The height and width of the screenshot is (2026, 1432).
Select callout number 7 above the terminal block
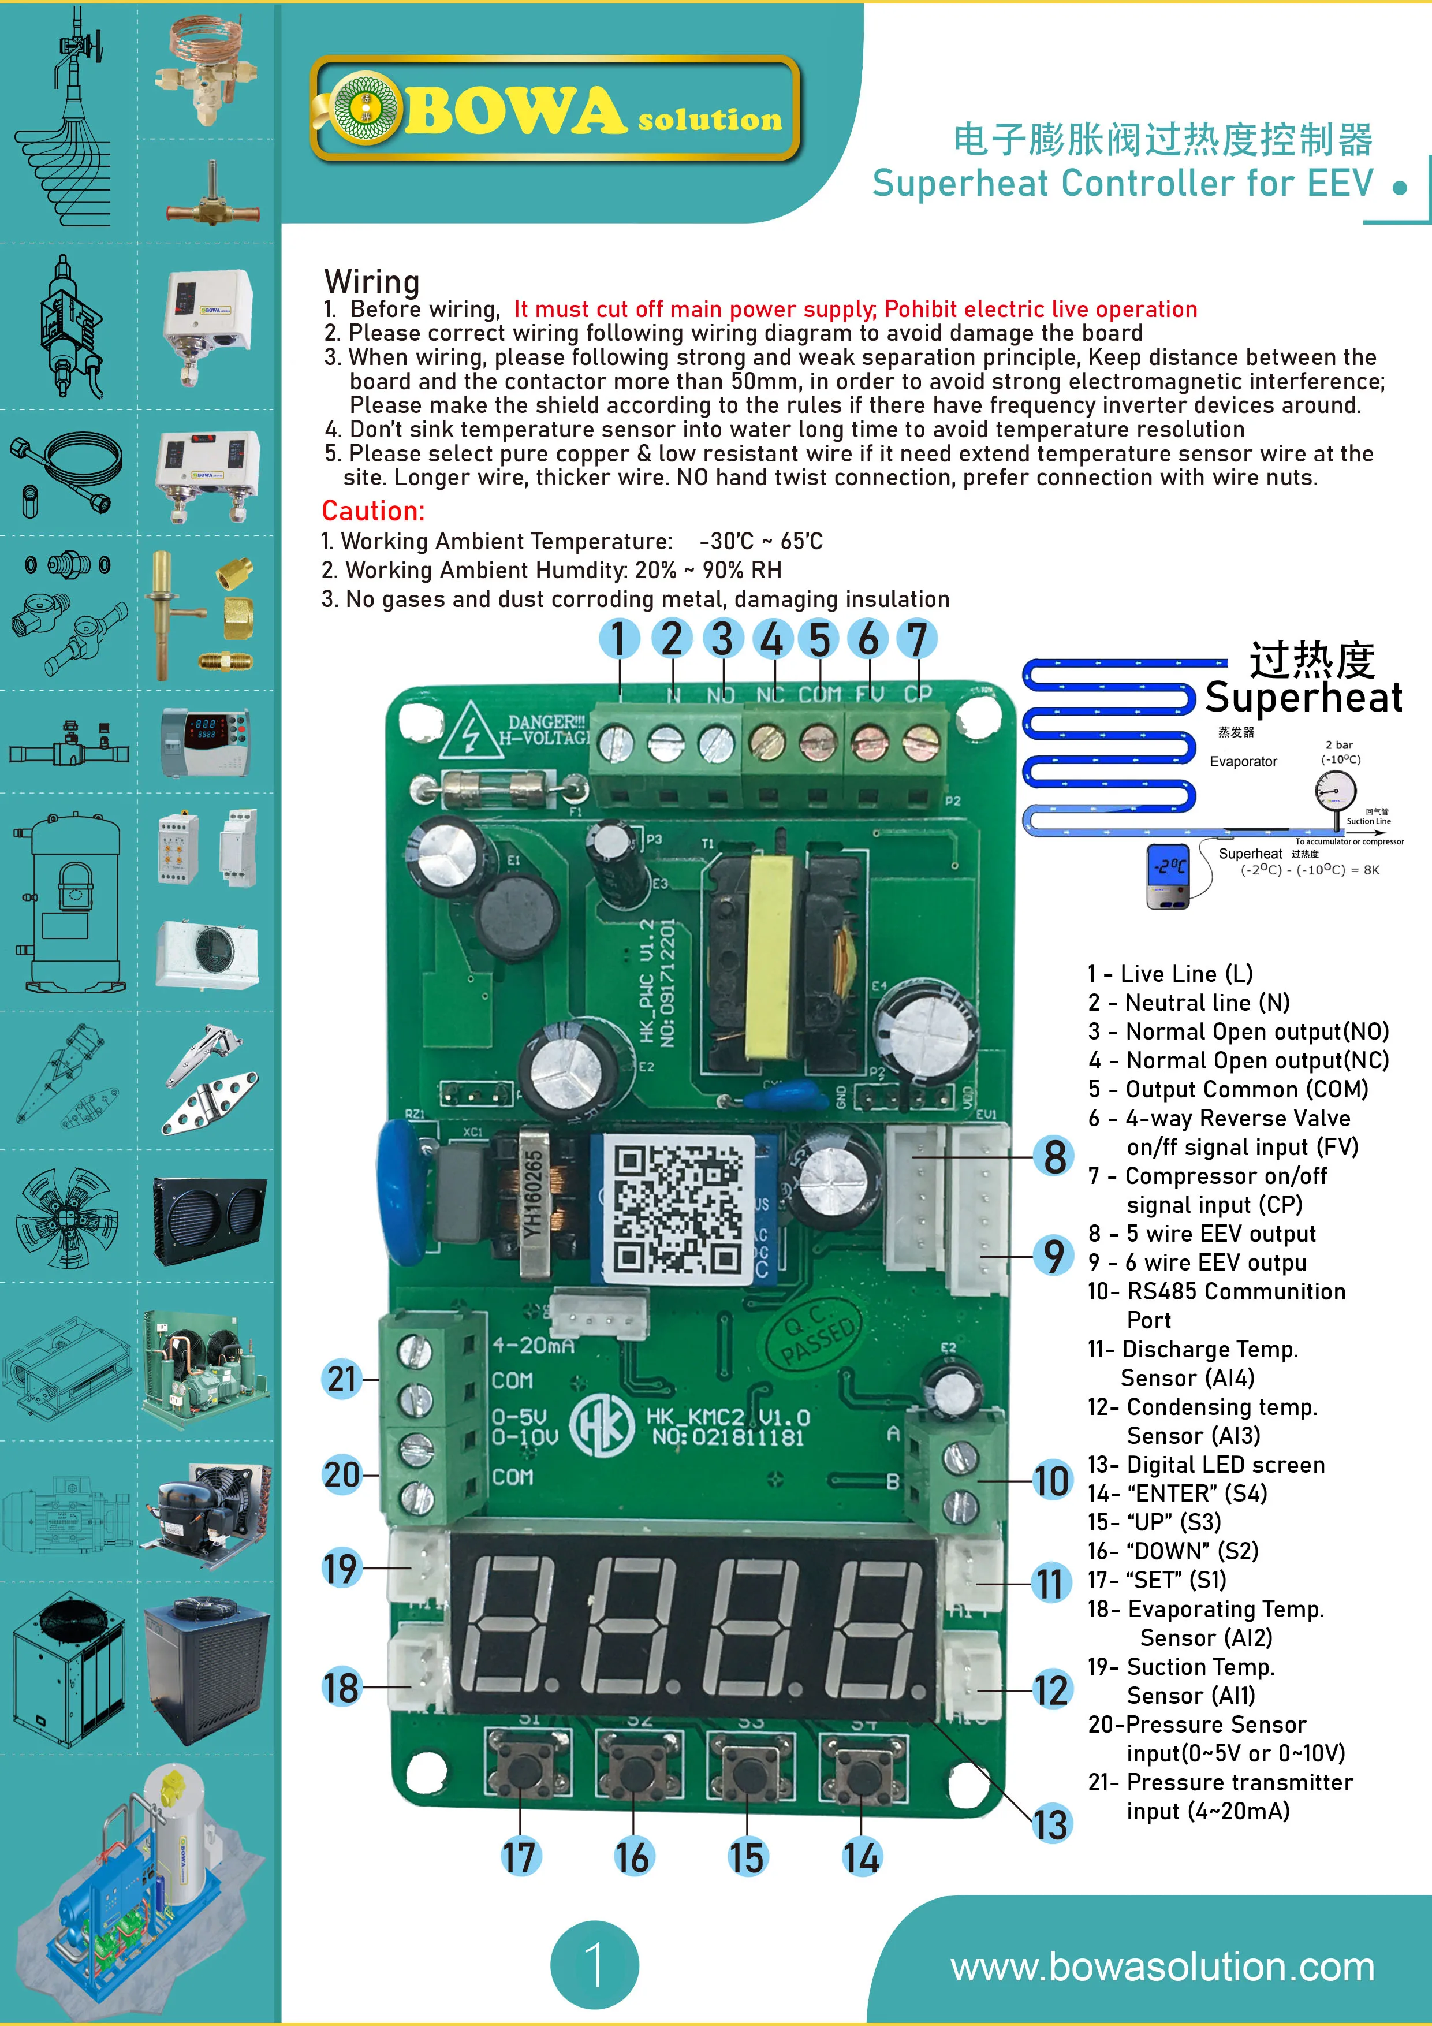tap(917, 638)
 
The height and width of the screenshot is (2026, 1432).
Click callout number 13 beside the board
tap(1050, 1824)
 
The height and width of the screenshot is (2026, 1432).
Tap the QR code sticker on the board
tap(678, 1207)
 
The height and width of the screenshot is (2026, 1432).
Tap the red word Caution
tap(372, 511)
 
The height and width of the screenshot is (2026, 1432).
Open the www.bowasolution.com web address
tap(1162, 1967)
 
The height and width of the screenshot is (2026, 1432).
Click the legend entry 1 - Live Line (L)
tap(1170, 973)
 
